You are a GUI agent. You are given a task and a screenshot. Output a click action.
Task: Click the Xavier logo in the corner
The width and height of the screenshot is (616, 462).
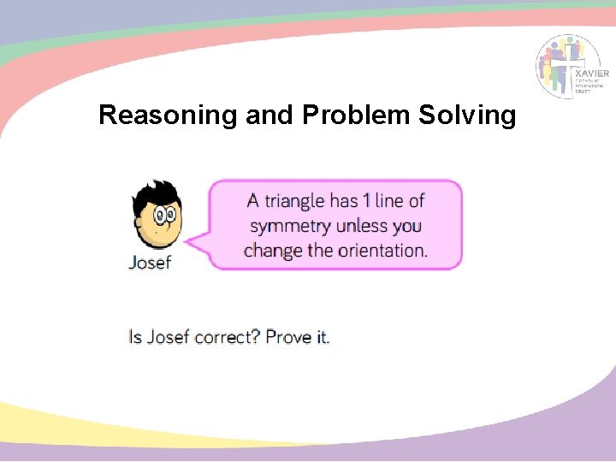point(572,67)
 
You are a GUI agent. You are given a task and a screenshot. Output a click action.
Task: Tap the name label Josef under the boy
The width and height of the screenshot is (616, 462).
point(150,263)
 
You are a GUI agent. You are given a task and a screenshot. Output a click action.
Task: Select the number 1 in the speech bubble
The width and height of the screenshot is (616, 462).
point(366,201)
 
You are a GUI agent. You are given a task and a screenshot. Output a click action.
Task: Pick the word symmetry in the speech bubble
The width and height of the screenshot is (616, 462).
point(291,227)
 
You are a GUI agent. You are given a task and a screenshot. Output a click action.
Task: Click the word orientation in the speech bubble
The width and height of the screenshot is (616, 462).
point(382,251)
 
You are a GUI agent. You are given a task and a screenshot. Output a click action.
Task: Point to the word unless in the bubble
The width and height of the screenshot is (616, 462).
point(363,227)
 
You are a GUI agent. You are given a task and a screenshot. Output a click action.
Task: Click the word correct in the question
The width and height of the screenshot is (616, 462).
point(226,337)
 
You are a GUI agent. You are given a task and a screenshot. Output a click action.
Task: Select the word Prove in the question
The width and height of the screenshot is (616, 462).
point(288,336)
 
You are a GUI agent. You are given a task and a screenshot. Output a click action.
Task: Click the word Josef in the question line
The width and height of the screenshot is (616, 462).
point(168,336)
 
